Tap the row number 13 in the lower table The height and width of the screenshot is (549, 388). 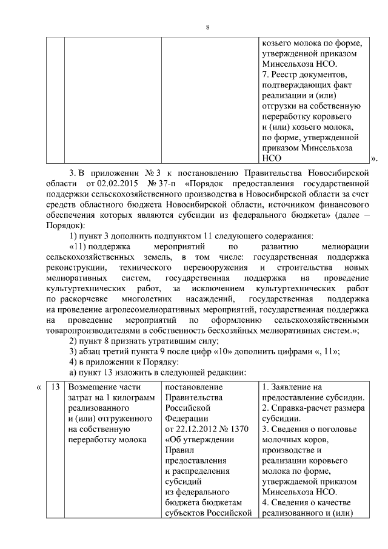(55, 387)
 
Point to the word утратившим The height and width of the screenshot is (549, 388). (146, 341)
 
